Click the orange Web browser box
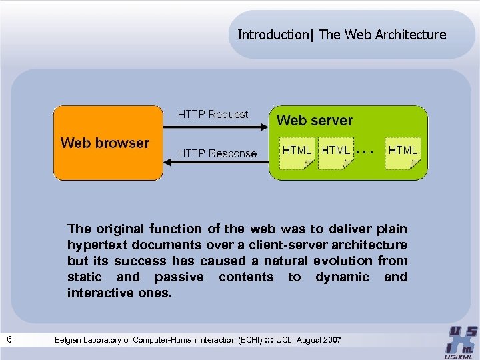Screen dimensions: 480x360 [x=108, y=143]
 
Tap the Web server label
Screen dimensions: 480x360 [x=314, y=121]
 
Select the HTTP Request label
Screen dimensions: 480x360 [x=213, y=115]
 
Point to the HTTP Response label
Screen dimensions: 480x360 [x=217, y=153]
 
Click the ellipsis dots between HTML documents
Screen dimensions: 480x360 [x=364, y=152]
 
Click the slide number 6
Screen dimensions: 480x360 [x=9, y=340]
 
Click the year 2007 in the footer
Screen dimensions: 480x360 [x=330, y=341]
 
